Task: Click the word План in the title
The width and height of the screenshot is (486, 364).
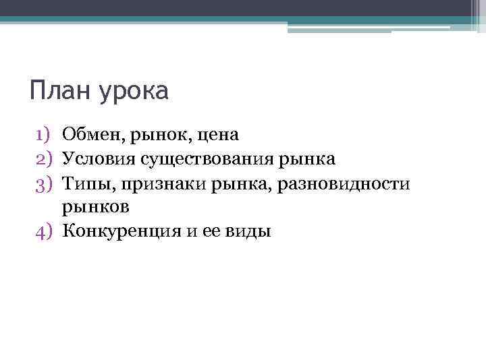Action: [x=61, y=91]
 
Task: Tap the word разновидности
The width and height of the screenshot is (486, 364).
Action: [x=341, y=183]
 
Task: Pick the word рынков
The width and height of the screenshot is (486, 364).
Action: [x=95, y=208]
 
